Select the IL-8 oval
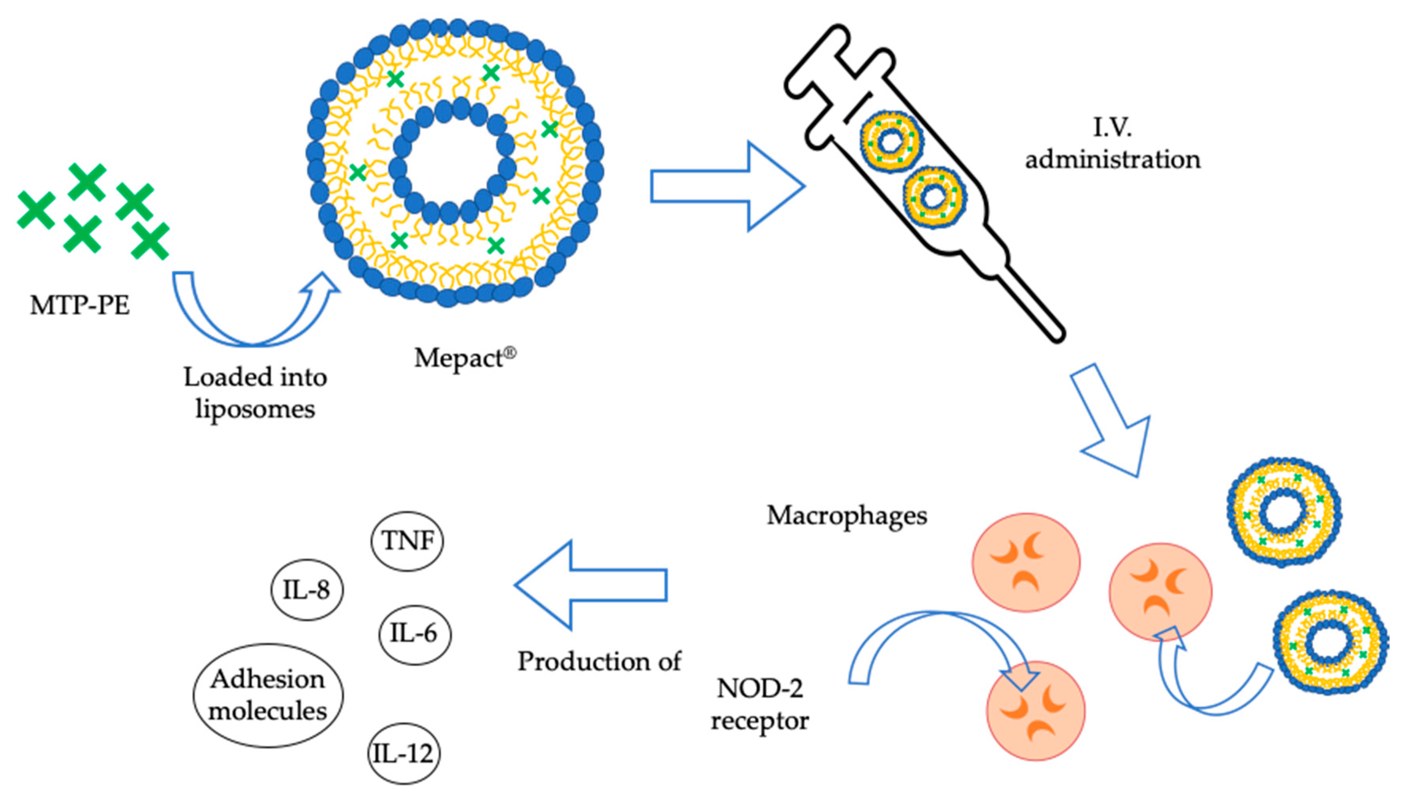point(306,590)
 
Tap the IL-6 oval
point(414,634)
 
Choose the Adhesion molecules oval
point(268,695)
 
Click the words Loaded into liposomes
point(255,393)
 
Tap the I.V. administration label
point(1113,144)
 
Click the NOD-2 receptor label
point(760,704)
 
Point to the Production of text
point(599,661)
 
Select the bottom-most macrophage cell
point(1036,711)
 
